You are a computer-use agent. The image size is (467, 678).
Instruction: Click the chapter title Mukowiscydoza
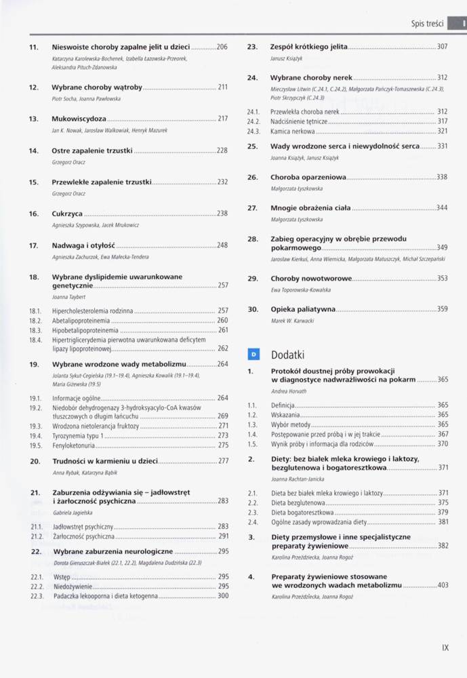point(79,119)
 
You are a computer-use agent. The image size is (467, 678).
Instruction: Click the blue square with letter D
point(253,354)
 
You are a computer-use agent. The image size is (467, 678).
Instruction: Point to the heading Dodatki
point(288,354)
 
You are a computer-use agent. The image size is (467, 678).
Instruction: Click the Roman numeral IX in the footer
point(445,647)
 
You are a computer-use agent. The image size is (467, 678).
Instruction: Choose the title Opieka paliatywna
point(303,308)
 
